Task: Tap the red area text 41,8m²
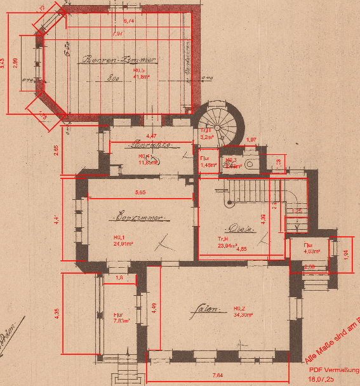pyautogui.click(x=140, y=76)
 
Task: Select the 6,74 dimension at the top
pyautogui.click(x=128, y=21)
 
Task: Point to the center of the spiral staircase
pyautogui.click(x=218, y=123)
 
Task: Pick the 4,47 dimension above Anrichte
pyautogui.click(x=151, y=136)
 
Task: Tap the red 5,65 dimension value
pyautogui.click(x=140, y=192)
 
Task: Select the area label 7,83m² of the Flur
pyautogui.click(x=121, y=321)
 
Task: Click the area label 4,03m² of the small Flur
pyautogui.click(x=309, y=251)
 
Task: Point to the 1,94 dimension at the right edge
pyautogui.click(x=345, y=254)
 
